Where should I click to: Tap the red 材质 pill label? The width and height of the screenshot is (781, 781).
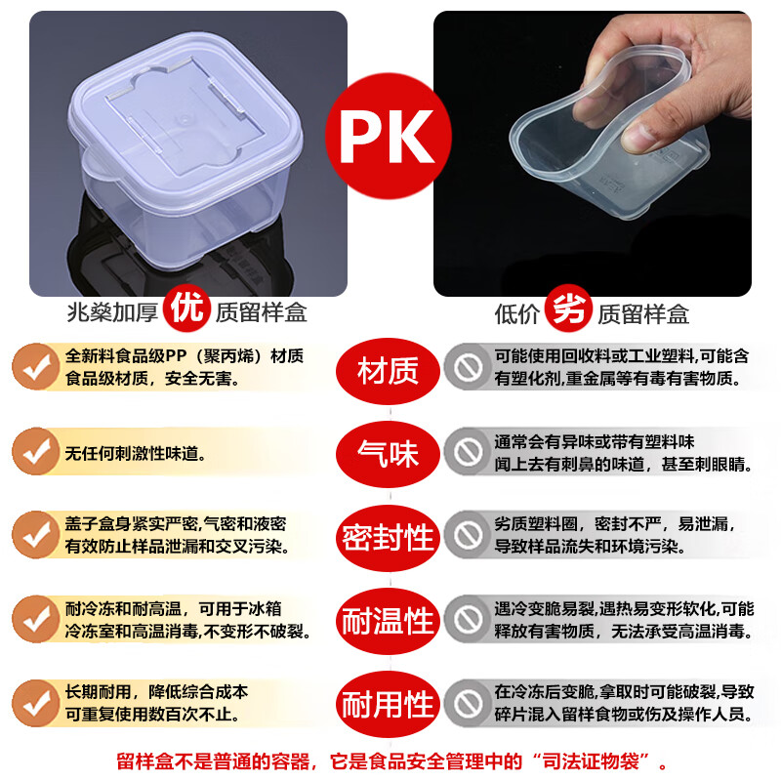pyautogui.click(x=389, y=370)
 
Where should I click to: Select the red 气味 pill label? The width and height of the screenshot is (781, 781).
pyautogui.click(x=389, y=453)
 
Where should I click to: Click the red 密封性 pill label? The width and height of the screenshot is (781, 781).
pyautogui.click(x=389, y=536)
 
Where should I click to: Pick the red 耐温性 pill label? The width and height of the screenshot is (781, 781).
pyautogui.click(x=389, y=620)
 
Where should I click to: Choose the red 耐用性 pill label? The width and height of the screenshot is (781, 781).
pyautogui.click(x=389, y=703)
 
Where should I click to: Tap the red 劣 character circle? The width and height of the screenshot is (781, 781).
pyautogui.click(x=569, y=310)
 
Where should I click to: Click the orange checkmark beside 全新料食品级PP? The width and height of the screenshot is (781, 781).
pyautogui.click(x=37, y=368)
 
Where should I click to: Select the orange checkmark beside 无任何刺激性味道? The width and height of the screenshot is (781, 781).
pyautogui.click(x=37, y=451)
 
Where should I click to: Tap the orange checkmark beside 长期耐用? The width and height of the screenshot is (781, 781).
pyautogui.click(x=37, y=703)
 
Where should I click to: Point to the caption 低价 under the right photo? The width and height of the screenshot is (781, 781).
pyautogui.click(x=517, y=313)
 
